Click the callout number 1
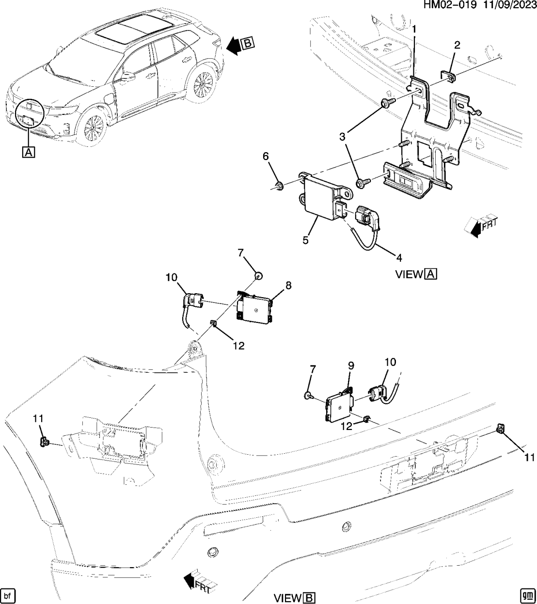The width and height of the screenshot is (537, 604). coord(414,30)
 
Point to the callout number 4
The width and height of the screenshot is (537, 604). coord(399,258)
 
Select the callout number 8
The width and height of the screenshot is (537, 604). coord(288,286)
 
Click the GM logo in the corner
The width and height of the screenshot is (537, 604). coord(527,594)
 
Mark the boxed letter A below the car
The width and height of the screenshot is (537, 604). coord(28,152)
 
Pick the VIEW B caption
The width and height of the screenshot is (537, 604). coord(295,598)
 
